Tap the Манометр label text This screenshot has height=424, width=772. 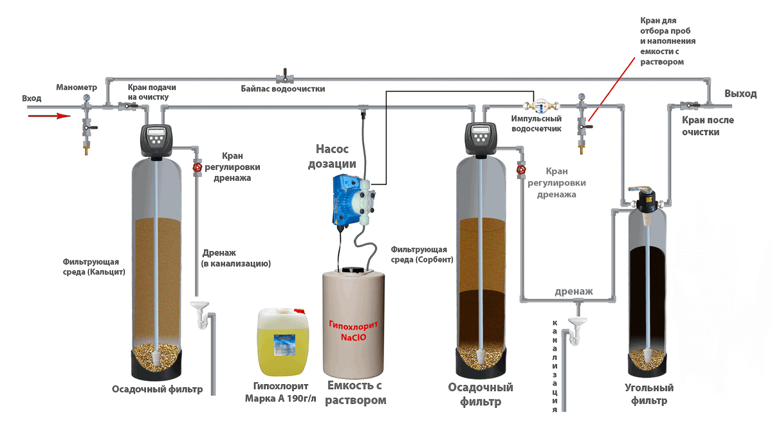pos(76,87)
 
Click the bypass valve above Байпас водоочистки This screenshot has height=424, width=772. pos(282,76)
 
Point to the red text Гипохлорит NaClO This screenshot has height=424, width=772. pos(353,331)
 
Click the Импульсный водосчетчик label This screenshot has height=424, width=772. pos(537,124)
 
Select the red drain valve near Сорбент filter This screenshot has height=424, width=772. pos(520,171)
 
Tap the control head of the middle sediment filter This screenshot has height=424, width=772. pos(482,139)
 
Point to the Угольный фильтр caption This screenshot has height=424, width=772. pos(649,394)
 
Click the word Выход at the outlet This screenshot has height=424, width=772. pos(740,94)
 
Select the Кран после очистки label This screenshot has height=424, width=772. pos(707,126)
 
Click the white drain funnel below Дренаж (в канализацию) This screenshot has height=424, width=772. pos(199,305)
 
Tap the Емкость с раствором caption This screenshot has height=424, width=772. pos(355,393)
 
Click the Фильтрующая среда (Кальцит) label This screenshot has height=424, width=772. pos(94,266)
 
